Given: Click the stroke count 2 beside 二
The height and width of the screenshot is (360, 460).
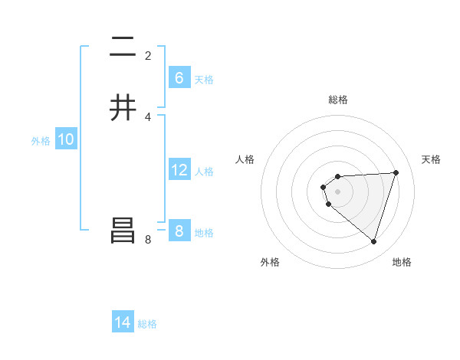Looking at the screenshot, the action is [x=148, y=56].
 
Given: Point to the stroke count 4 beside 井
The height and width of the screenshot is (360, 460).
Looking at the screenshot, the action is [x=148, y=117].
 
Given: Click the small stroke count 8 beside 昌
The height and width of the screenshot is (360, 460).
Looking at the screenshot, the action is [x=148, y=240].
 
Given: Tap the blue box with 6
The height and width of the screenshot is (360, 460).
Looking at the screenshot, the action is [x=179, y=77].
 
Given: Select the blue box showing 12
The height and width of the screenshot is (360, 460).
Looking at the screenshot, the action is [x=179, y=170].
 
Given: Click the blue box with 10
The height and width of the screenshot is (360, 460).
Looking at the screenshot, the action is [x=66, y=139].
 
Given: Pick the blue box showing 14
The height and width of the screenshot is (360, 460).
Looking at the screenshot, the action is [x=123, y=322].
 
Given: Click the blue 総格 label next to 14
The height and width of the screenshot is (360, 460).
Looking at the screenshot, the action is [x=147, y=324].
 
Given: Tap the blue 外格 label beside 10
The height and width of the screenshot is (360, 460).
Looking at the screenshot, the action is [x=41, y=141].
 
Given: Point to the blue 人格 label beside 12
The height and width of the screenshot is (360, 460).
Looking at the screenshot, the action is [x=205, y=172].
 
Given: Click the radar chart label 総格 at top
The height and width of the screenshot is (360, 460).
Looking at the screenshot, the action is [x=338, y=100].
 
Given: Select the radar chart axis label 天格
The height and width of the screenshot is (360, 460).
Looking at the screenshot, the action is [x=431, y=159].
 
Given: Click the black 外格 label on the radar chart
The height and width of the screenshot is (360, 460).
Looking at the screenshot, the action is [x=270, y=262].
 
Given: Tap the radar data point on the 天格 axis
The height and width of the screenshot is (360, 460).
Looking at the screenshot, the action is [x=396, y=172].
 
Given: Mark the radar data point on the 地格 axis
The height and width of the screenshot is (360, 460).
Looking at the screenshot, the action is [x=373, y=241].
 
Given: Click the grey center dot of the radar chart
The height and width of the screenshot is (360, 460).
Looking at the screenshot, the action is [x=338, y=191].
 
